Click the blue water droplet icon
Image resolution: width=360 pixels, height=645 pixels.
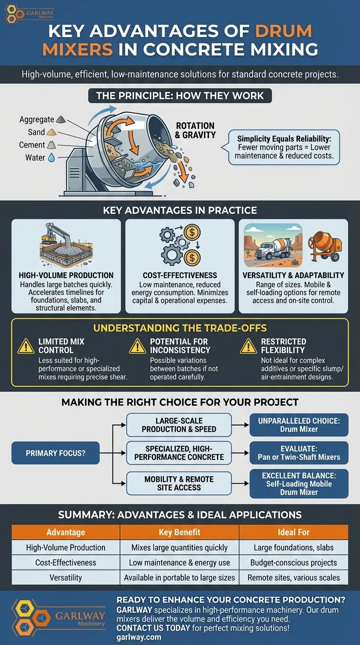coord(52,158)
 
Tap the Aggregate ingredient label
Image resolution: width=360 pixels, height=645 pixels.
coord(37,120)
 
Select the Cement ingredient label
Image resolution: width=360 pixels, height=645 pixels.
coord(32,145)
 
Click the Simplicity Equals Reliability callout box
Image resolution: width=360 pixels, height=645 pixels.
coord(284,147)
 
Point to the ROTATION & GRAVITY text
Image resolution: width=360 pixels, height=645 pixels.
coord(195,130)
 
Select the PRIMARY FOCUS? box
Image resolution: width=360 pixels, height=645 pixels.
coord(56,453)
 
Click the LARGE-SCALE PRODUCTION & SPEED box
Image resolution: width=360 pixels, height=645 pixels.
coord(179,425)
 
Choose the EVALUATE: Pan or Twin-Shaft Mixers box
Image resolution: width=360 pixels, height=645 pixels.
coord(299,453)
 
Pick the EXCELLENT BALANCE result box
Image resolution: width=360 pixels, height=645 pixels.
coord(299,483)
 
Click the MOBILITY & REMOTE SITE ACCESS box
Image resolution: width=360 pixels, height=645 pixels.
coord(179,483)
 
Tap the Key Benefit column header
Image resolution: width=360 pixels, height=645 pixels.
coord(180,532)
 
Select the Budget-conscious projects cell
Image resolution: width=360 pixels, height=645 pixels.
coord(293,562)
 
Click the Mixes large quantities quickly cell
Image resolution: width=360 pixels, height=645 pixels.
coord(180,547)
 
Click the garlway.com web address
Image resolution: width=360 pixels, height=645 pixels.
coord(139,637)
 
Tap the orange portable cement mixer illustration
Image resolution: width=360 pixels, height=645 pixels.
coord(324,249)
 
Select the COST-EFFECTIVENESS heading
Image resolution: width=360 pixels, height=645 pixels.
coord(180,275)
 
